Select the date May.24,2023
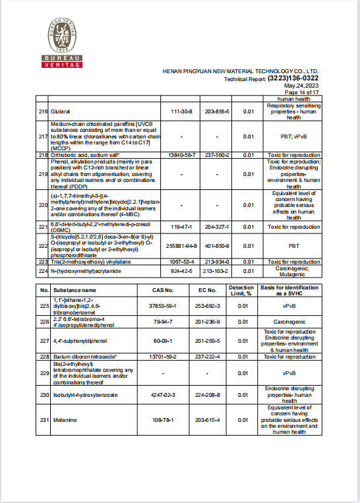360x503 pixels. [x=301, y=86]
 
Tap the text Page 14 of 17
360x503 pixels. [x=301, y=93]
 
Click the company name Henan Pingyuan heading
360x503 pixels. [x=241, y=71]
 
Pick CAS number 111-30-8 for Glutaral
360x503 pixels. [x=181, y=111]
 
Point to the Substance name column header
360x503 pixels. [x=75, y=289]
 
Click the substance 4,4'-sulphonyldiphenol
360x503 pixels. [x=75, y=341]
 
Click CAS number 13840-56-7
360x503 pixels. [x=181, y=154]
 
